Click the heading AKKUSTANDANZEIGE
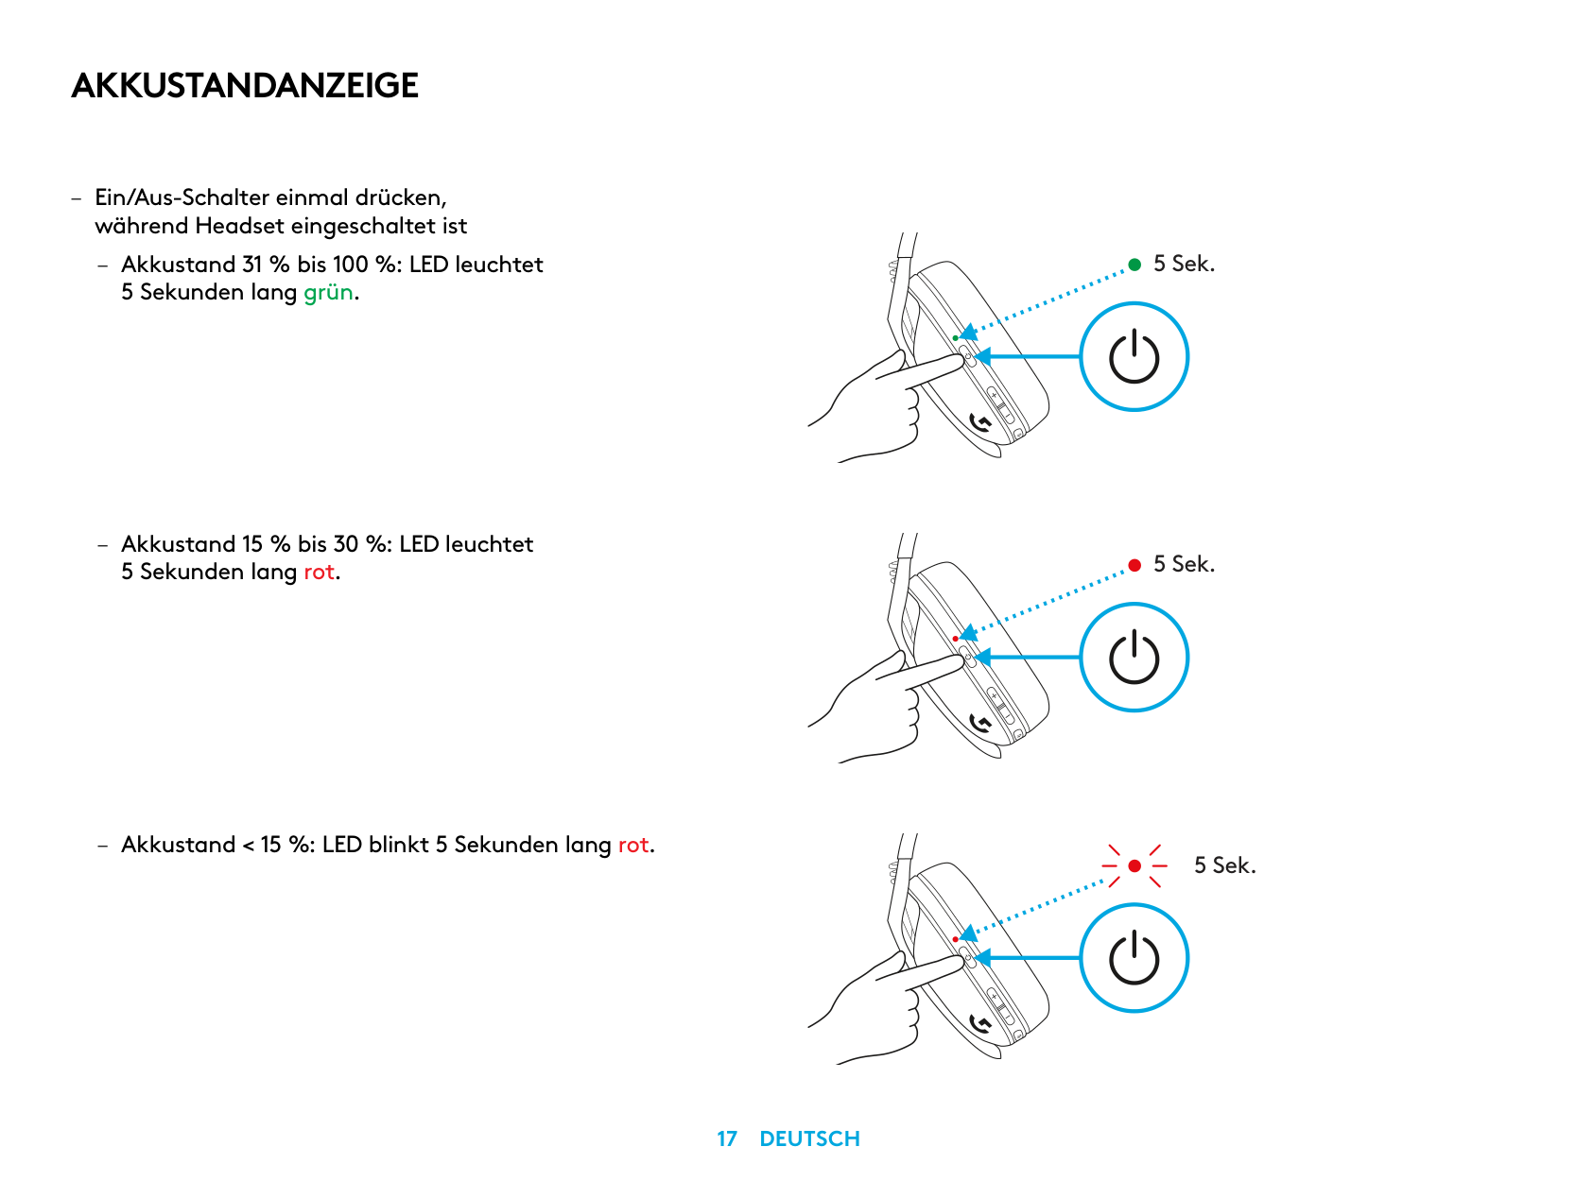tap(244, 85)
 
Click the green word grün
tap(327, 292)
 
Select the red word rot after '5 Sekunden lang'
tap(319, 572)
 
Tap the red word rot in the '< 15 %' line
tap(633, 845)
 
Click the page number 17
tap(727, 1138)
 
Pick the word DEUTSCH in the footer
tap(809, 1138)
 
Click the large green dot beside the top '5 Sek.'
tap(1134, 265)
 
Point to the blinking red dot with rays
tap(1134, 866)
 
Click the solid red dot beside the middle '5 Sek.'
tap(1134, 565)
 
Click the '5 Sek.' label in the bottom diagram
tap(1225, 865)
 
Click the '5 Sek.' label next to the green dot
tap(1184, 264)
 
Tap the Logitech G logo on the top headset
tap(980, 422)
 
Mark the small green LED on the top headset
tap(955, 338)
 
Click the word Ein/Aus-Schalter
tap(182, 197)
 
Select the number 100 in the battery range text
tap(350, 265)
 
